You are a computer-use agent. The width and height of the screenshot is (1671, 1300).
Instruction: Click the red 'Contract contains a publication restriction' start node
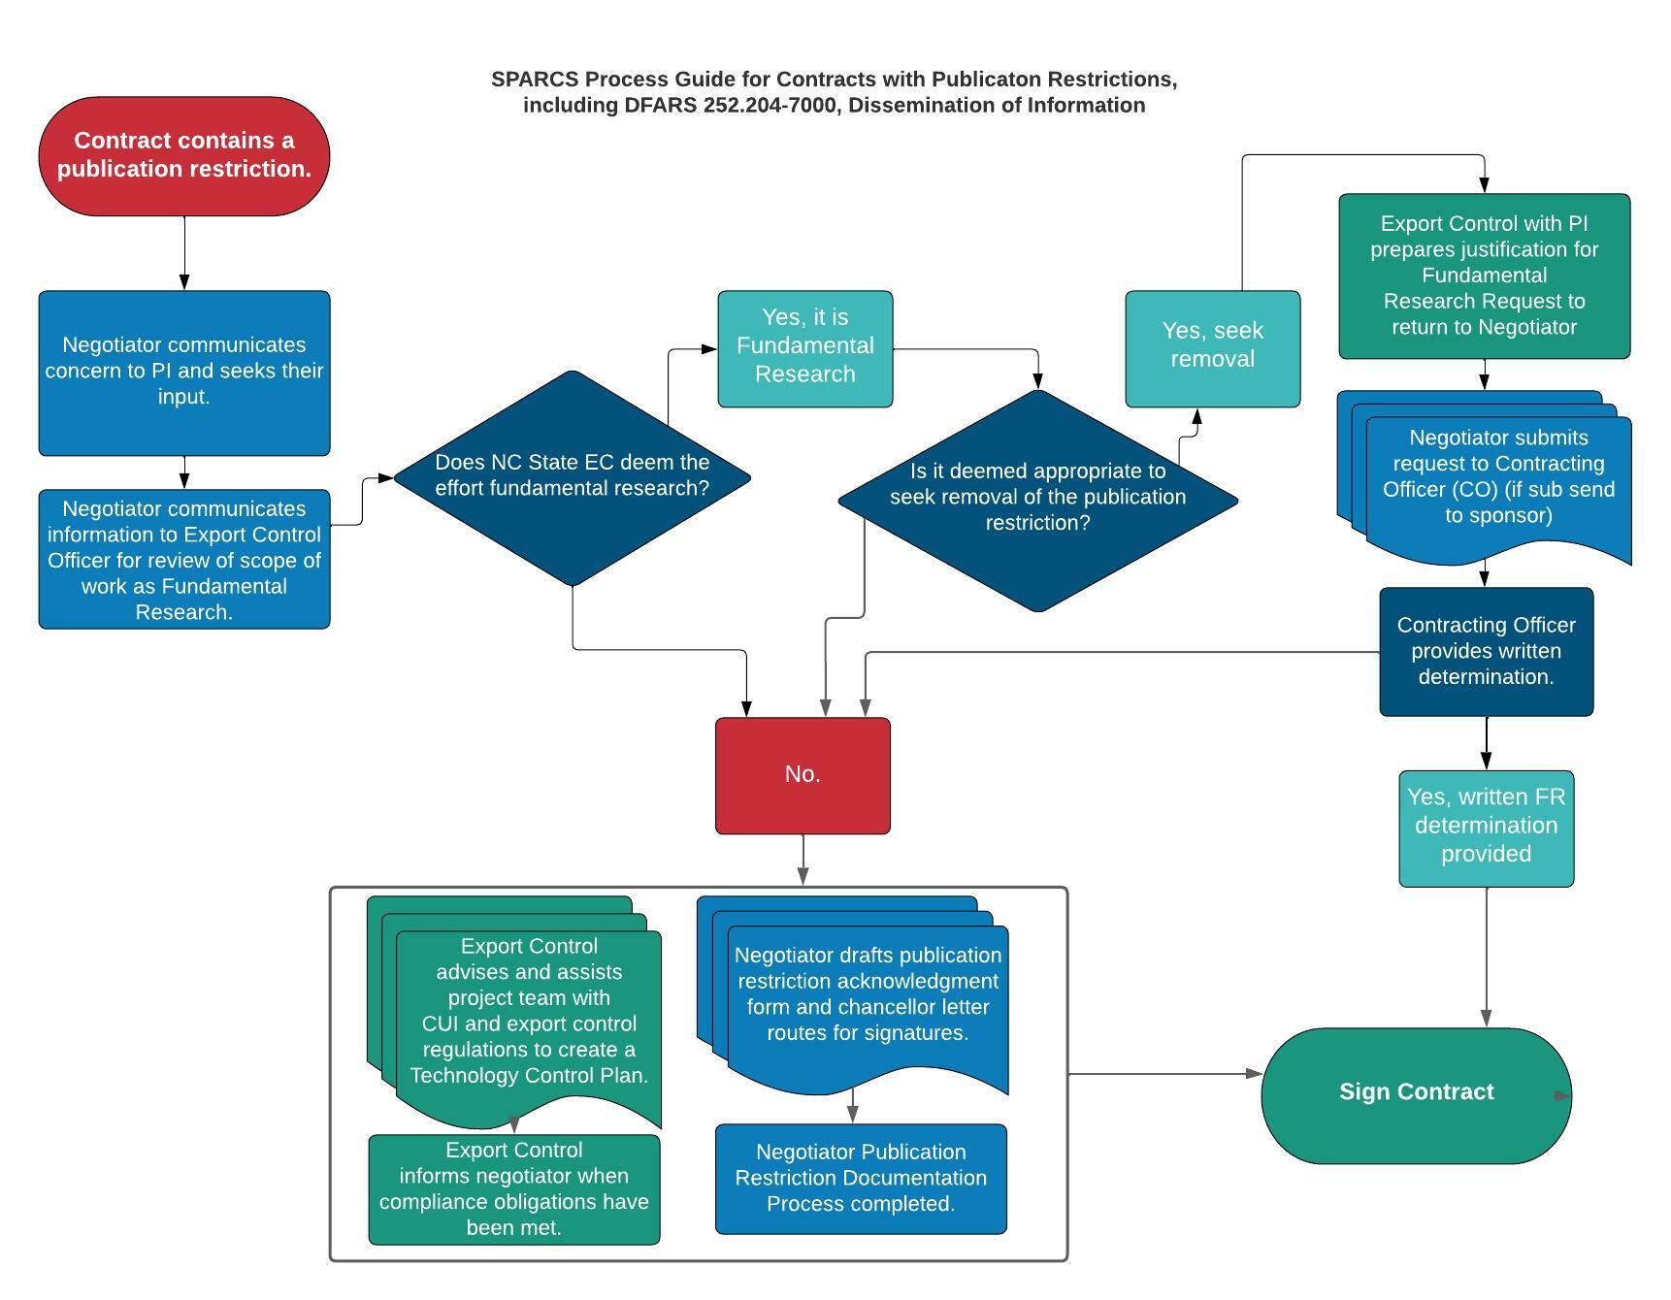[184, 155]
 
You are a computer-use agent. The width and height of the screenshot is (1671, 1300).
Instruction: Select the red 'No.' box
[803, 775]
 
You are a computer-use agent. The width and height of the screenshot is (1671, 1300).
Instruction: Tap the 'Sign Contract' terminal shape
[1416, 1094]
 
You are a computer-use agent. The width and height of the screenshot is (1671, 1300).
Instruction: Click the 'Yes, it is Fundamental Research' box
[804, 347]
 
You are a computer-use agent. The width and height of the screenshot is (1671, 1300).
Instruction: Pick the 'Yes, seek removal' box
[1212, 347]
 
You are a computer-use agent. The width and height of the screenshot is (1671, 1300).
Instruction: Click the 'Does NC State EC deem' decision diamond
[572, 477]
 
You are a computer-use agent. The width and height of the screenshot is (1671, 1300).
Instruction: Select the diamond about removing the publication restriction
[1037, 499]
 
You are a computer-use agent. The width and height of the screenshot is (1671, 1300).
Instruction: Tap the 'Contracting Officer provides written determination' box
[1486, 651]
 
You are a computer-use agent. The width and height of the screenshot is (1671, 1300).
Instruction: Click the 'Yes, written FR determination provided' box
[1486, 828]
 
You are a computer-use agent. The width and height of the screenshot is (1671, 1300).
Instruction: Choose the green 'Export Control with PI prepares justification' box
[1484, 276]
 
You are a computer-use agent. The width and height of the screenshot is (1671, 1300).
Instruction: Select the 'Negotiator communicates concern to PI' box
[184, 373]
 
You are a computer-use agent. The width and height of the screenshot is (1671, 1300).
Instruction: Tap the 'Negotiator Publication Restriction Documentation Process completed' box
[861, 1179]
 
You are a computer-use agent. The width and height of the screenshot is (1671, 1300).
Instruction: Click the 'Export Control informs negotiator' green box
[513, 1189]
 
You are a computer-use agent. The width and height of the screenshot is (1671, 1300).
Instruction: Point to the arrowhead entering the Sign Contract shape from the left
[1254, 1074]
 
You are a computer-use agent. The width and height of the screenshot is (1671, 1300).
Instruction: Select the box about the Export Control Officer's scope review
[184, 560]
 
